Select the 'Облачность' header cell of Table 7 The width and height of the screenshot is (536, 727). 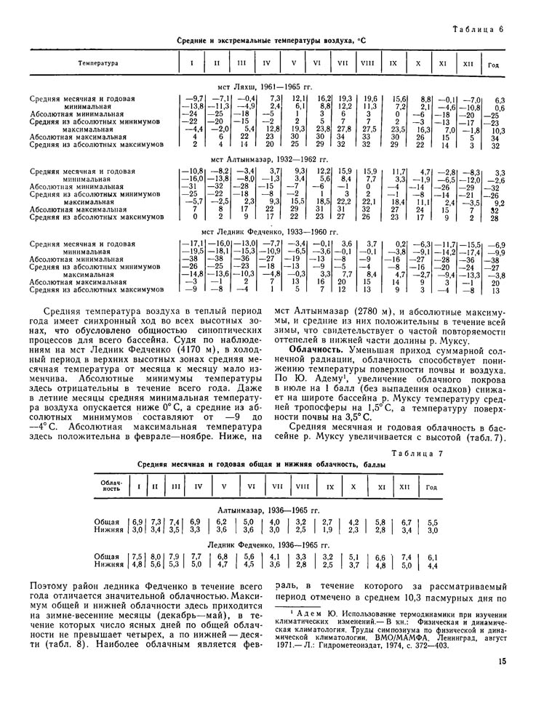click(x=111, y=486)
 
